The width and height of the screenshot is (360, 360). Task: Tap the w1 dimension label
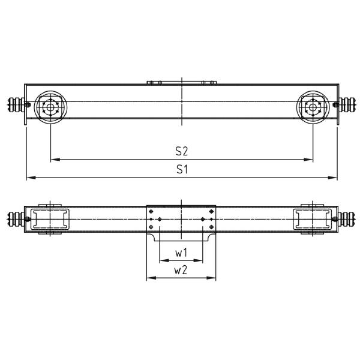[181, 253]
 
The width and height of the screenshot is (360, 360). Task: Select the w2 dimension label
[181, 271]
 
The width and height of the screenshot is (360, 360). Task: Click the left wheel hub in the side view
[50, 108]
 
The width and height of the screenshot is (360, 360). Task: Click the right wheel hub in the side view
[313, 108]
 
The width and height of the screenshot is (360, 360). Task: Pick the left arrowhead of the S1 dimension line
[29, 178]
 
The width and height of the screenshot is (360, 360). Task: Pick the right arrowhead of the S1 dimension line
[334, 178]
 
